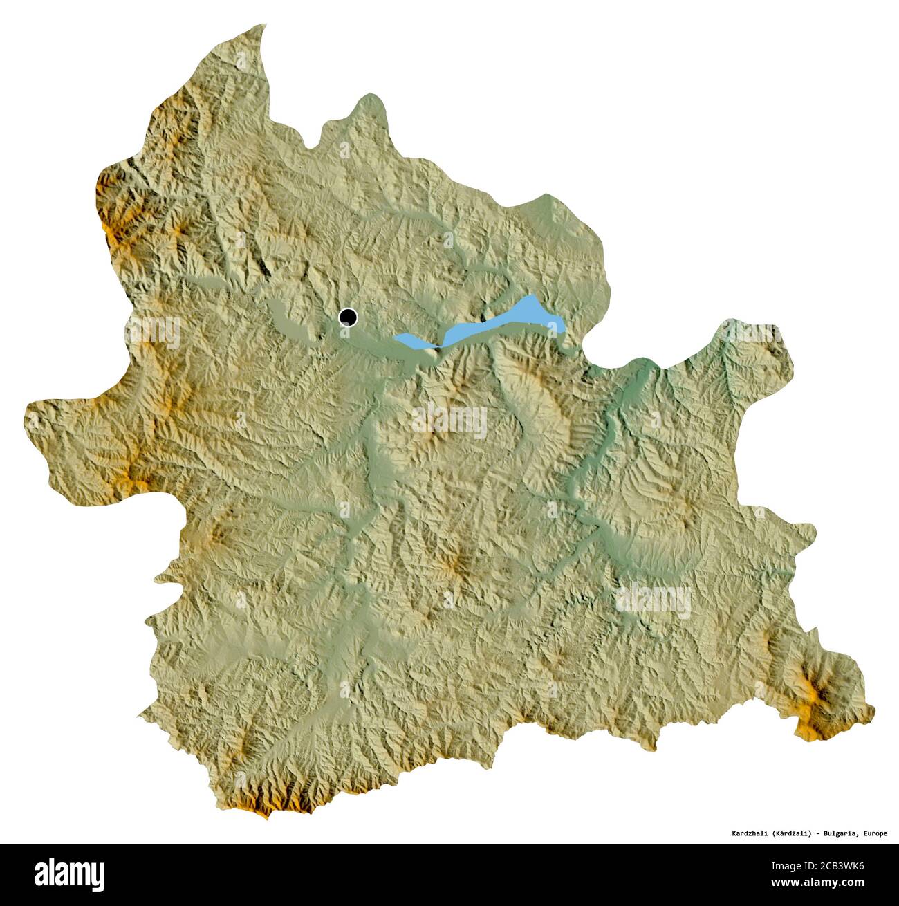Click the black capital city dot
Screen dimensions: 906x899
[x=348, y=317]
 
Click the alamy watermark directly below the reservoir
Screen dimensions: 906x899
[x=449, y=422]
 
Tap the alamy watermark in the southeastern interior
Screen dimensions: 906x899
[x=654, y=599]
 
